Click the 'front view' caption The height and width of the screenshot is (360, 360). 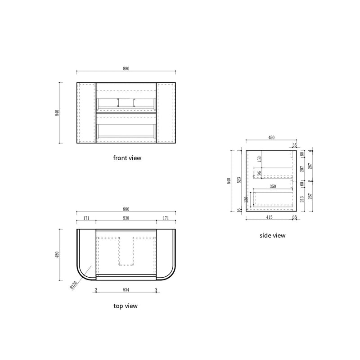click(127, 158)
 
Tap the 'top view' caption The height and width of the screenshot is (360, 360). click(126, 306)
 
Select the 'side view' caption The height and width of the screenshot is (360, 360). click(273, 235)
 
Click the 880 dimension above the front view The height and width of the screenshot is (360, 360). click(126, 68)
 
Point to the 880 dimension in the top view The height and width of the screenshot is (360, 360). click(126, 209)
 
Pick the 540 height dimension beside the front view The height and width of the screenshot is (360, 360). click(57, 113)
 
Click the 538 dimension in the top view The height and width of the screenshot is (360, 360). click(126, 218)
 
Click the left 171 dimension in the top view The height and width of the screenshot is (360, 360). click(86, 218)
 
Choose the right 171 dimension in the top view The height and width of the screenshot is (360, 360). click(166, 218)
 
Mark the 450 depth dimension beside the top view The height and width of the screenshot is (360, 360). click(57, 254)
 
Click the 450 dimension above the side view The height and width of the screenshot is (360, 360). click(271, 138)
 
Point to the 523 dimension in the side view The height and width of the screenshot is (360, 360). click(240, 180)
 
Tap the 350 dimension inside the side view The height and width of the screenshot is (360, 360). click(272, 185)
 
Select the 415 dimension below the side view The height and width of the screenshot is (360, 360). click(269, 217)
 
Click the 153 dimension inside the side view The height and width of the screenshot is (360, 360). click(259, 159)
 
